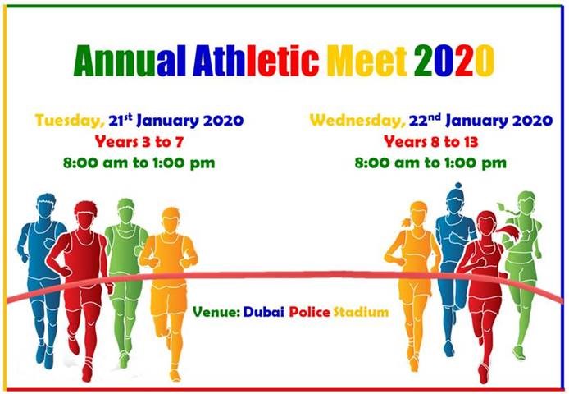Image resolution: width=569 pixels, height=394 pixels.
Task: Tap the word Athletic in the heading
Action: tap(256, 61)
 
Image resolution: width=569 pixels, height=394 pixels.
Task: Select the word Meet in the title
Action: tap(366, 61)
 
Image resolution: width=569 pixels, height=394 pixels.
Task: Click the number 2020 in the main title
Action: tap(454, 61)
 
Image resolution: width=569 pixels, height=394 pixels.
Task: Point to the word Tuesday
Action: tap(70, 121)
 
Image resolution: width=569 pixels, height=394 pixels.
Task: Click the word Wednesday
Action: tap(357, 121)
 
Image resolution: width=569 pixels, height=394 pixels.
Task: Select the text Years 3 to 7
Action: tap(139, 142)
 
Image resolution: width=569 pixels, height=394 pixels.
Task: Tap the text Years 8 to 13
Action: tap(430, 142)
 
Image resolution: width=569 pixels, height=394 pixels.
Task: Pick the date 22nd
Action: tap(425, 120)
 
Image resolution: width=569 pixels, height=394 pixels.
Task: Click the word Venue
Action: tap(216, 312)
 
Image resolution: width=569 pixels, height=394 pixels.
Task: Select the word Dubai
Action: tap(264, 312)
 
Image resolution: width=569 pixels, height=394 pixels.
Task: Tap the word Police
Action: tap(310, 312)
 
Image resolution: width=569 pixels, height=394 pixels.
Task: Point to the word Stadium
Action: tap(361, 312)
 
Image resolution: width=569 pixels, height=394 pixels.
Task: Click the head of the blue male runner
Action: tap(46, 207)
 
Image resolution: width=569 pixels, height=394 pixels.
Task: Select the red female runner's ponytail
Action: tap(508, 231)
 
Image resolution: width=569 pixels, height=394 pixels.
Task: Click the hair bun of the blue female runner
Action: tap(458, 186)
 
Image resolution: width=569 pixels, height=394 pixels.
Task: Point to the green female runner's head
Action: tap(526, 203)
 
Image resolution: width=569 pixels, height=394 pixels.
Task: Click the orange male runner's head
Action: tap(171, 220)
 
